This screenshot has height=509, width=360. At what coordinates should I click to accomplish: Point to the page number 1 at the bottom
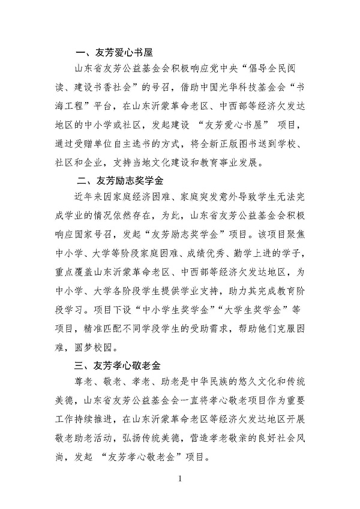pyautogui.click(x=179, y=478)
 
